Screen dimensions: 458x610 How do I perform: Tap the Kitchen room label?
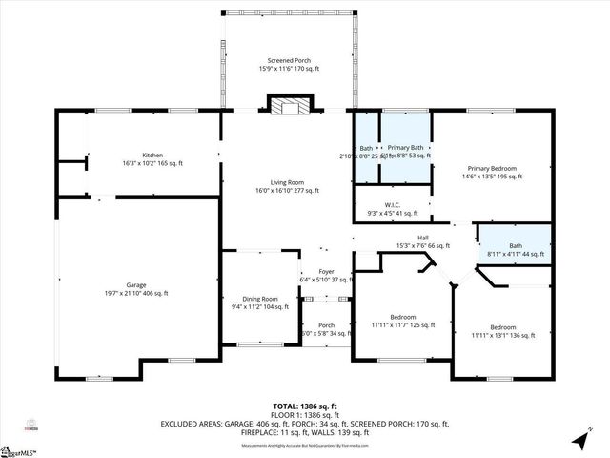point(152,159)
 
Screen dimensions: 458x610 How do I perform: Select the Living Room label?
point(285,186)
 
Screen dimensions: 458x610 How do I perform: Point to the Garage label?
point(137,289)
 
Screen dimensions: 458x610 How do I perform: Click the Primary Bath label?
point(406,151)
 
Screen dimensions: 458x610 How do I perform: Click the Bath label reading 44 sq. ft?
point(515,249)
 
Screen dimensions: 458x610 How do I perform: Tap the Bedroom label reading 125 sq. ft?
point(402,321)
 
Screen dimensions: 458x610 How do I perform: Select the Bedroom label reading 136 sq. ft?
point(502,331)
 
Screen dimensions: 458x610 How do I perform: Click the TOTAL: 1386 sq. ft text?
point(304,406)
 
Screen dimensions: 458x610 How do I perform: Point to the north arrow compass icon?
point(579,440)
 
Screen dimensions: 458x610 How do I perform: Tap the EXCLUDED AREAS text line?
point(304,423)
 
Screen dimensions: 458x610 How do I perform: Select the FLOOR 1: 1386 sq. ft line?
point(304,414)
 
